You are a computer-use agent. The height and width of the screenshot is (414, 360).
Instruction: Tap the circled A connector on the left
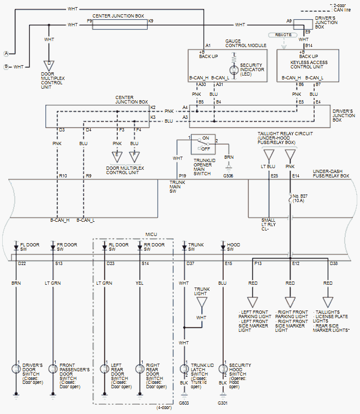tap(6, 53)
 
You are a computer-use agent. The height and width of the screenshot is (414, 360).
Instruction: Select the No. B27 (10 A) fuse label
tap(300, 199)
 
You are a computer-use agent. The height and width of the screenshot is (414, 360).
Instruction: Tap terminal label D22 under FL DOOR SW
tap(22, 264)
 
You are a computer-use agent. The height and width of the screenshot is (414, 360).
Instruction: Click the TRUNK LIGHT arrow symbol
tap(201, 301)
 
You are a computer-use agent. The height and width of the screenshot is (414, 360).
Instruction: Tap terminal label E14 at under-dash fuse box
tap(295, 176)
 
